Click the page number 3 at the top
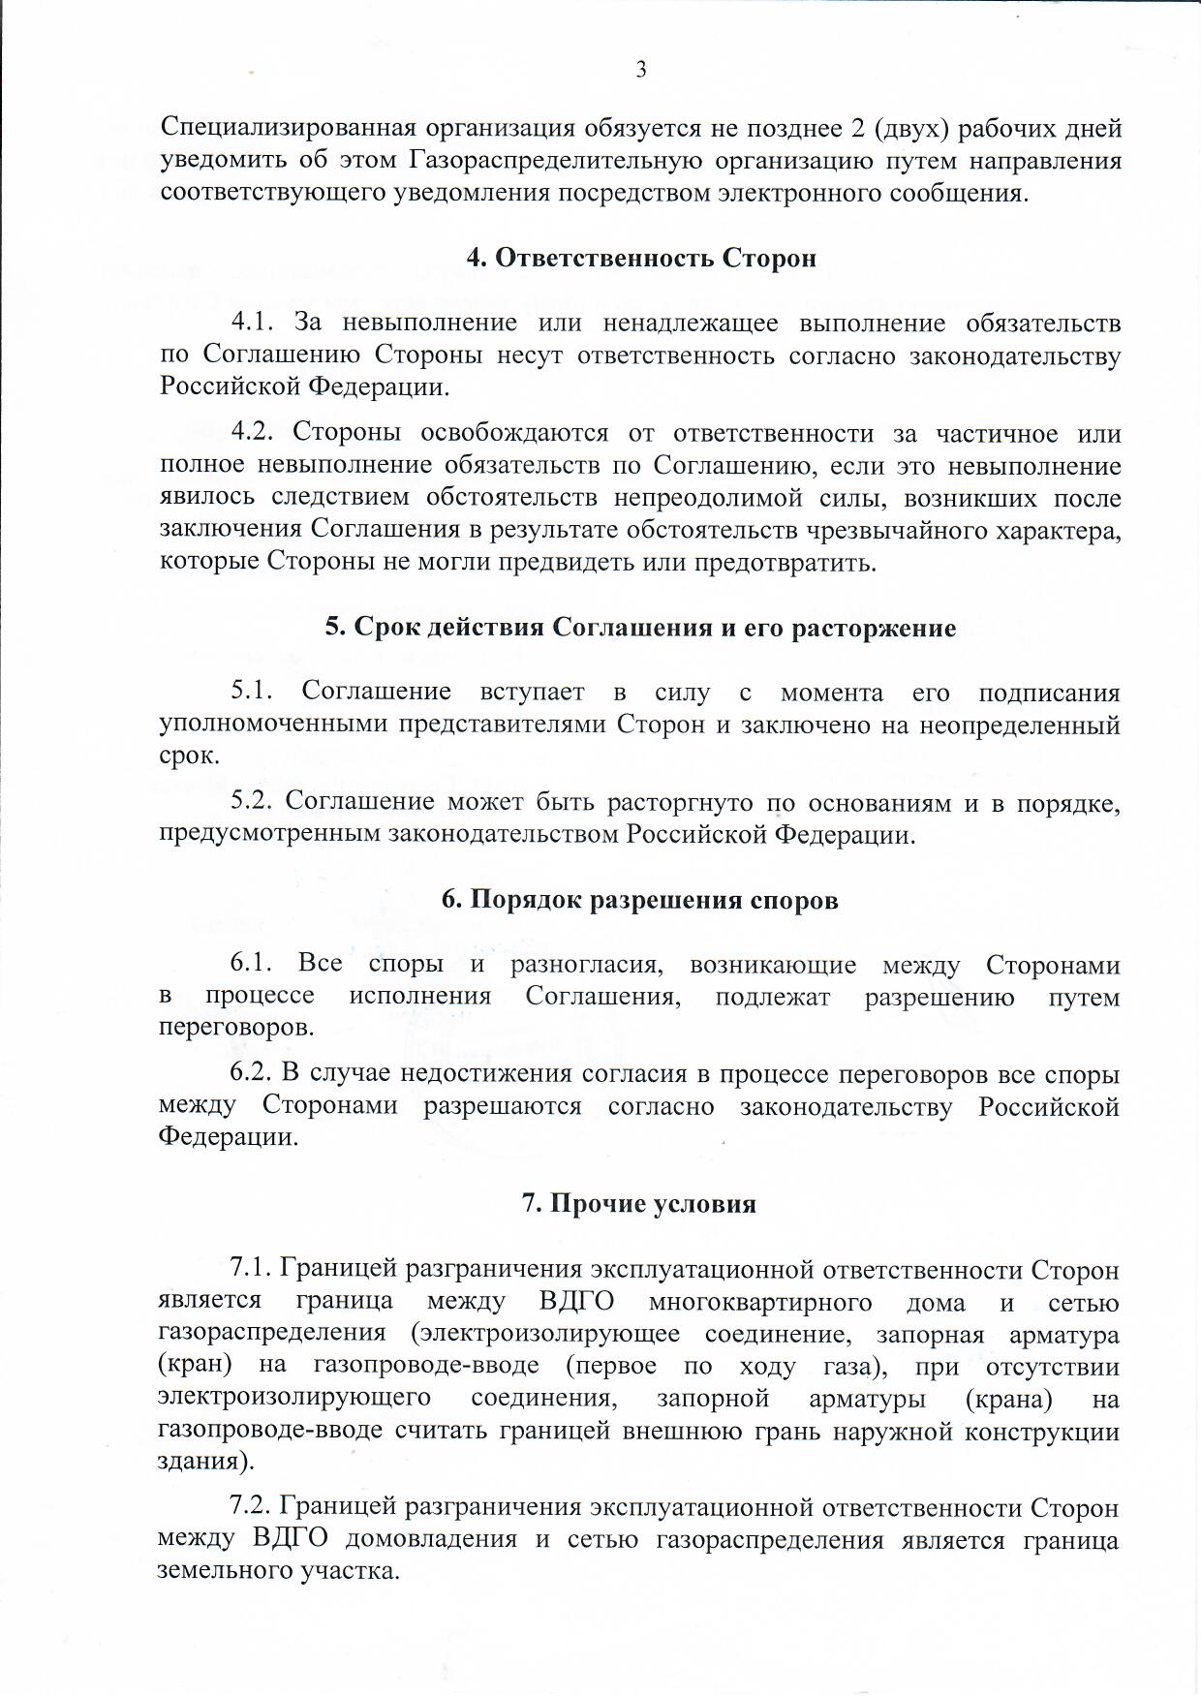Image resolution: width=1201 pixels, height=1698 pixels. [x=640, y=70]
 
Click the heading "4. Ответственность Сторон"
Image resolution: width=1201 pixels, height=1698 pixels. [x=641, y=259]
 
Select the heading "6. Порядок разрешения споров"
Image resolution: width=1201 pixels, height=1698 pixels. [x=639, y=900]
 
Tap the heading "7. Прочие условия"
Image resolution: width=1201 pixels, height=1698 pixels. [x=639, y=1203]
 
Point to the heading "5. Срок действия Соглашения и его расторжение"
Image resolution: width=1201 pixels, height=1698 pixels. [x=640, y=628]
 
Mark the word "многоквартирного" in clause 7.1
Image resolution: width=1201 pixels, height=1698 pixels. [x=760, y=1303]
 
